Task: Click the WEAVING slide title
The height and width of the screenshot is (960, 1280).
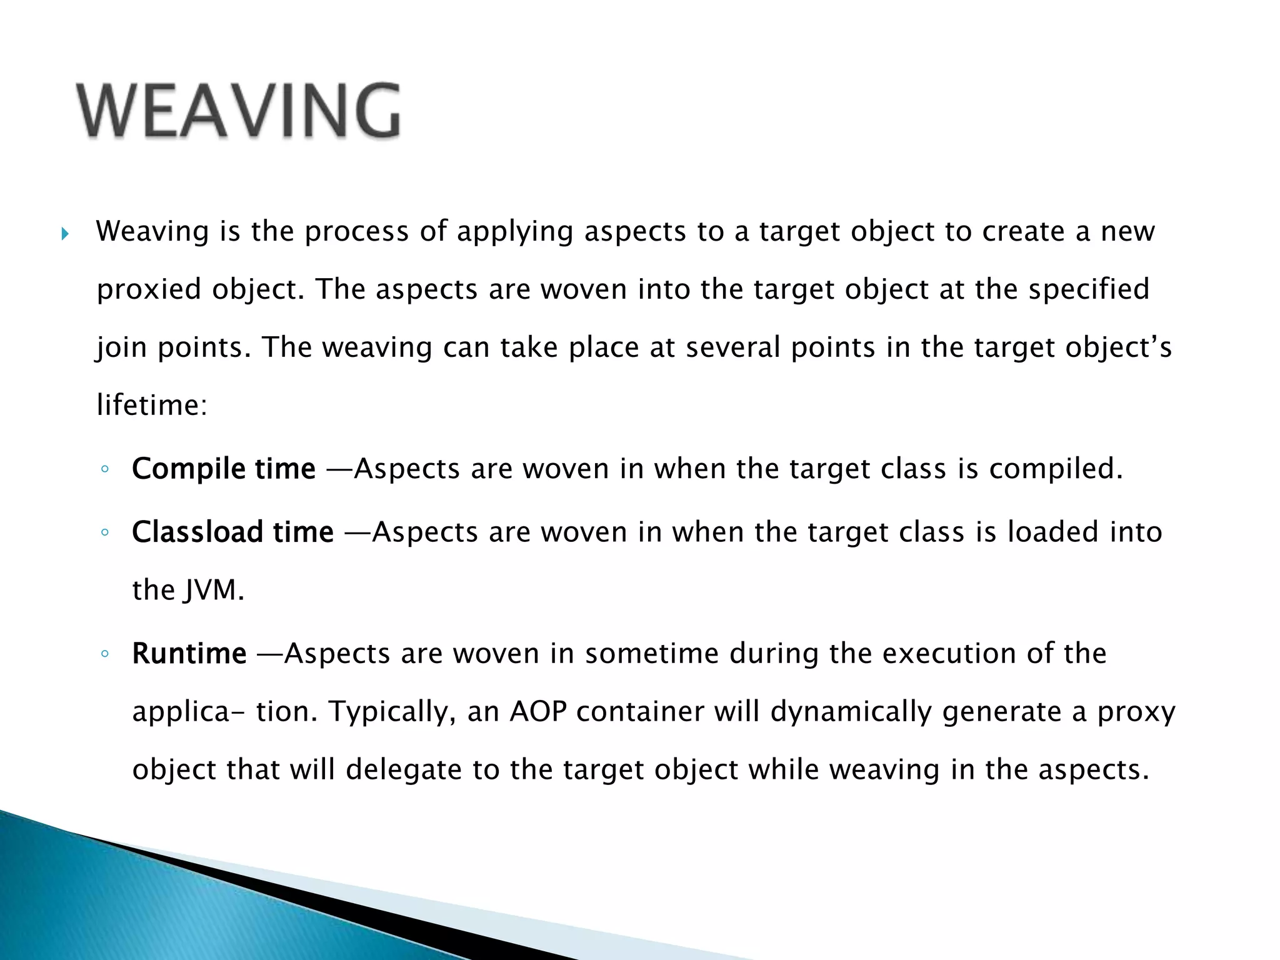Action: [x=237, y=111]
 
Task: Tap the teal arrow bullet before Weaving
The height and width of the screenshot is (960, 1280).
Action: [x=65, y=235]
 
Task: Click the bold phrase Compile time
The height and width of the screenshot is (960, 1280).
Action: [x=223, y=469]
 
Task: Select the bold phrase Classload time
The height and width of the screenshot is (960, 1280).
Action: [x=232, y=532]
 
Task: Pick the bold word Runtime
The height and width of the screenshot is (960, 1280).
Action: [x=189, y=654]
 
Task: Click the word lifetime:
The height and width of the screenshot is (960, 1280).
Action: [x=152, y=405]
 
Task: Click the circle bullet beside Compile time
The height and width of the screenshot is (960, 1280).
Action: [x=105, y=469]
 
